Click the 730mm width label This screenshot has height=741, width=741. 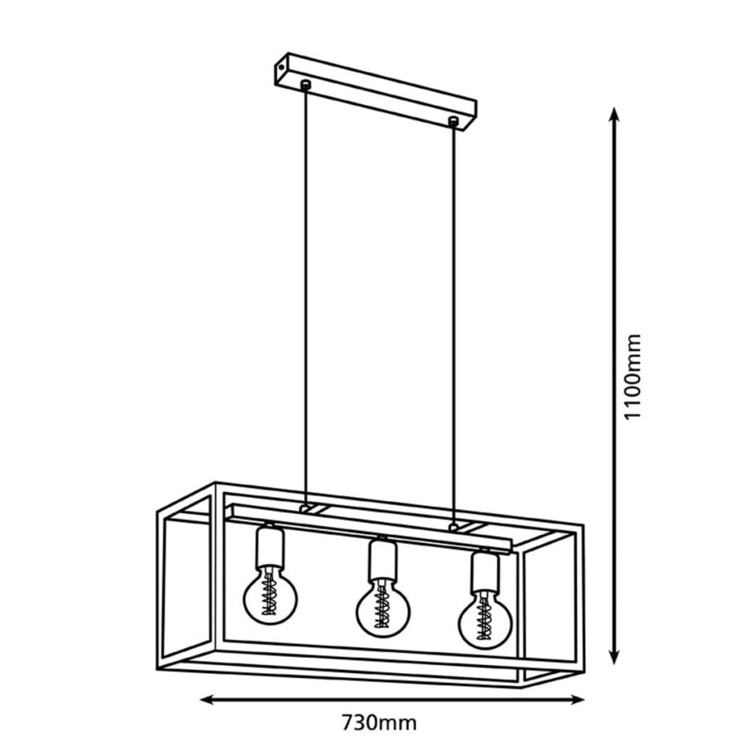[x=379, y=723]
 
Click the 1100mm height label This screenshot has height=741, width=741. [x=632, y=376]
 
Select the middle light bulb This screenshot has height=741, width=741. [x=383, y=608]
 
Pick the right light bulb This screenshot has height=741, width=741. [x=484, y=619]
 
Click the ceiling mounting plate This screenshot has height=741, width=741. [x=376, y=92]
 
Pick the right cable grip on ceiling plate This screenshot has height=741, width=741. [x=454, y=122]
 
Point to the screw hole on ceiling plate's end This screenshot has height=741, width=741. [x=281, y=68]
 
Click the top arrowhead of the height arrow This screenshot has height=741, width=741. [x=614, y=114]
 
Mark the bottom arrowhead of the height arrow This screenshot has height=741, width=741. [x=614, y=658]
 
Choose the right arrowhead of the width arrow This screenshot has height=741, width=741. [x=577, y=700]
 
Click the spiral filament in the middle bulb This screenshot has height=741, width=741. [x=382, y=608]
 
